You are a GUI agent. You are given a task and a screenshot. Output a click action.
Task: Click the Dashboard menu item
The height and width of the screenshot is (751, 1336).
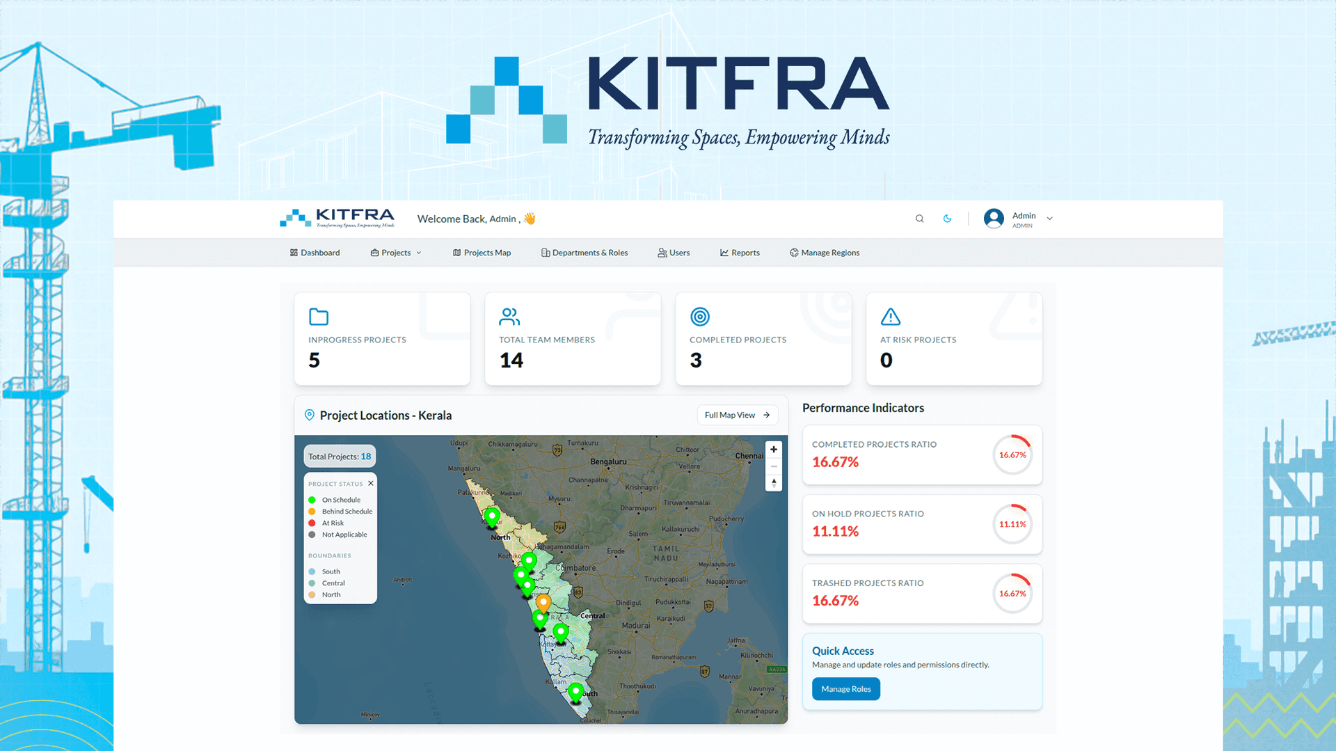(x=315, y=253)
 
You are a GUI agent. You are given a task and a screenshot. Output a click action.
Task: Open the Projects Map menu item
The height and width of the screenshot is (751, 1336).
(x=482, y=253)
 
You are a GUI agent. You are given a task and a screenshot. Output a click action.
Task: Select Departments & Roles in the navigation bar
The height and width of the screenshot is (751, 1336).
(x=584, y=253)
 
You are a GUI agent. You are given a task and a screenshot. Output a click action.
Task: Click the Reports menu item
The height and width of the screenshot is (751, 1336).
(x=740, y=253)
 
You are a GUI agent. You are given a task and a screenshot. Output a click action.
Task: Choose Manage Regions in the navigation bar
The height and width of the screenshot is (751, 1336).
(x=825, y=253)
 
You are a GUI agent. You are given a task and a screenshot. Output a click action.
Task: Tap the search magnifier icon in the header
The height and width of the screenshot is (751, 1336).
(x=919, y=219)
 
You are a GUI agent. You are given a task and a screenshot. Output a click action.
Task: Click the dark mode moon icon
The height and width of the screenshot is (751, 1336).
(x=947, y=219)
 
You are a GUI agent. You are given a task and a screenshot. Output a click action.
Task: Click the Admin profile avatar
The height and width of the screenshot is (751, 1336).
(x=994, y=219)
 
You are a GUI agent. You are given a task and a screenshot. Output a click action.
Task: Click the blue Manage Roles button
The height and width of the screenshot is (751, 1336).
(x=845, y=689)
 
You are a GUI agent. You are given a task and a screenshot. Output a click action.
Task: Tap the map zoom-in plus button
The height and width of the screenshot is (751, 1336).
(x=774, y=450)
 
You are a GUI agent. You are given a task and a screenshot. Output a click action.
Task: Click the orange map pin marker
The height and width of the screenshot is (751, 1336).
(x=543, y=602)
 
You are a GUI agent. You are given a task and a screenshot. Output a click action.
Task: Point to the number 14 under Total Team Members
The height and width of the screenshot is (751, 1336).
(x=511, y=360)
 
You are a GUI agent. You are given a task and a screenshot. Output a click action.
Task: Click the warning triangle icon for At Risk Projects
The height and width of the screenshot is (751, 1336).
(x=890, y=317)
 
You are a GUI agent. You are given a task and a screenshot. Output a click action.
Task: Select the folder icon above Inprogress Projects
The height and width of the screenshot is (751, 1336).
(x=319, y=317)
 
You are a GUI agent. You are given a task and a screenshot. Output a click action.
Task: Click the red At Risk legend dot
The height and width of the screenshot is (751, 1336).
(x=312, y=523)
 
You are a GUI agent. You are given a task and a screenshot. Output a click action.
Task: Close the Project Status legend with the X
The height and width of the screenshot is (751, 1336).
(x=371, y=483)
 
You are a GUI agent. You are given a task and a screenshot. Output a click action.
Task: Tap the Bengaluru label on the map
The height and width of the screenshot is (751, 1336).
(x=608, y=461)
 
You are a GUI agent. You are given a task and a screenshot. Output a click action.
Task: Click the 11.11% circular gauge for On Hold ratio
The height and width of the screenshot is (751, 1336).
(x=1012, y=524)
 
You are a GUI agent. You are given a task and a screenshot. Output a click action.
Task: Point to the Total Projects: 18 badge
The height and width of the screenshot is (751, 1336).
(x=340, y=457)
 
